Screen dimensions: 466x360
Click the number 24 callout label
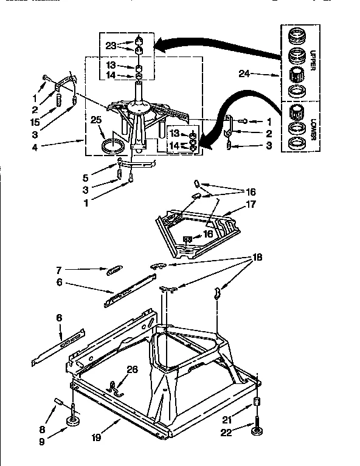tap(244, 75)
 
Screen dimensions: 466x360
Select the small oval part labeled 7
tap(114, 269)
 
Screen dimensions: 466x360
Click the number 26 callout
tap(132, 369)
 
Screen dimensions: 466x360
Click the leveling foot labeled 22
tap(256, 432)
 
